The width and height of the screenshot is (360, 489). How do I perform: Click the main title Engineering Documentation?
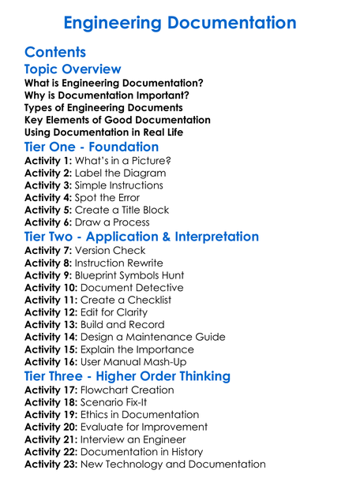click(180, 22)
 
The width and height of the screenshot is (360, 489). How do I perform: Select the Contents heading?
click(55, 53)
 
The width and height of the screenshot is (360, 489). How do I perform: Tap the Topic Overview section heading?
click(73, 69)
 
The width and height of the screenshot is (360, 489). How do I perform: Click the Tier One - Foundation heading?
click(92, 147)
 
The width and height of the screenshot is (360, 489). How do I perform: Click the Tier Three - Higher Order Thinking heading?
click(127, 375)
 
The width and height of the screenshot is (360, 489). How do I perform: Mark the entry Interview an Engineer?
click(138, 439)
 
